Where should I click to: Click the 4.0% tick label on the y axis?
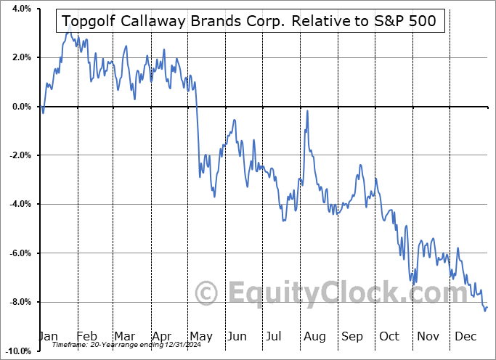click(x=20, y=9)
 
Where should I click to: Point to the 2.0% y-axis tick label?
click(x=20, y=57)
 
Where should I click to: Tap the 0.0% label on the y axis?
click(x=20, y=107)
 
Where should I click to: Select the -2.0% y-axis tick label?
click(x=19, y=155)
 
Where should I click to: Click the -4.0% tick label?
click(x=19, y=204)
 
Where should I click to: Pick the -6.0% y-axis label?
click(x=19, y=253)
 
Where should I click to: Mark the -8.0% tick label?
click(x=19, y=302)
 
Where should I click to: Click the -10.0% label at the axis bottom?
click(x=17, y=351)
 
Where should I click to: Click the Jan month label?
click(x=48, y=336)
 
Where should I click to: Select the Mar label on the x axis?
click(x=123, y=336)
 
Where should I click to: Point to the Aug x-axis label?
click(x=314, y=336)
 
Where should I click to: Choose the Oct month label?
click(x=389, y=336)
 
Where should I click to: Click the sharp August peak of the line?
click(x=308, y=111)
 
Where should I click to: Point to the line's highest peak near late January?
click(x=68, y=33)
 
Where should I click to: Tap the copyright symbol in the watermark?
click(x=208, y=293)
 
